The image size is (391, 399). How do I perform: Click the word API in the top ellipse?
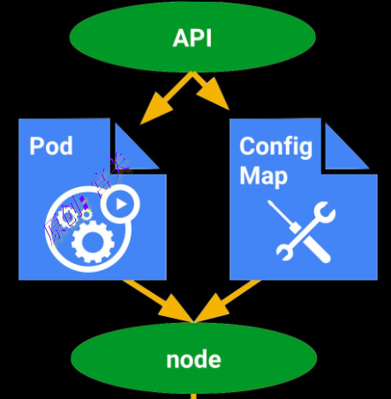coord(192,39)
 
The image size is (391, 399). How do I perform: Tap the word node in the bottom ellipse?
coord(193,359)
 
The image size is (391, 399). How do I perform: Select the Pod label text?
coord(50,146)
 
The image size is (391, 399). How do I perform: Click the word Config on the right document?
coord(274,146)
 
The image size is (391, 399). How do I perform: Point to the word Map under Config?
coord(263,175)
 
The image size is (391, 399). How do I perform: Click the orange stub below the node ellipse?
coord(193,394)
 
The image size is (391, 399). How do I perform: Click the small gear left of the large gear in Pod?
coord(64,218)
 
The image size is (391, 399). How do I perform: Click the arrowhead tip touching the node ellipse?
coord(193,318)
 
